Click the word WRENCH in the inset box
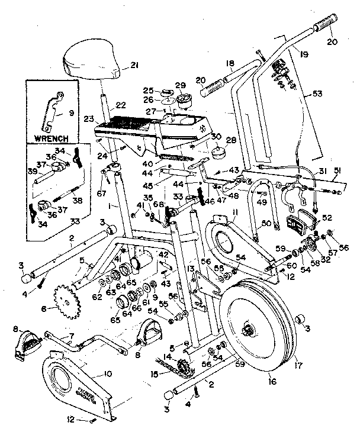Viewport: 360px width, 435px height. click(52, 138)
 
